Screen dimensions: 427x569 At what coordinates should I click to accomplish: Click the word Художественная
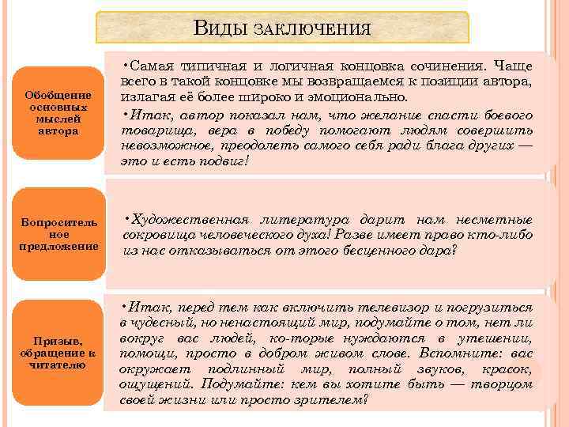tap(190, 219)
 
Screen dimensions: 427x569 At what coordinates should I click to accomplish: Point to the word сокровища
tap(158, 235)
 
